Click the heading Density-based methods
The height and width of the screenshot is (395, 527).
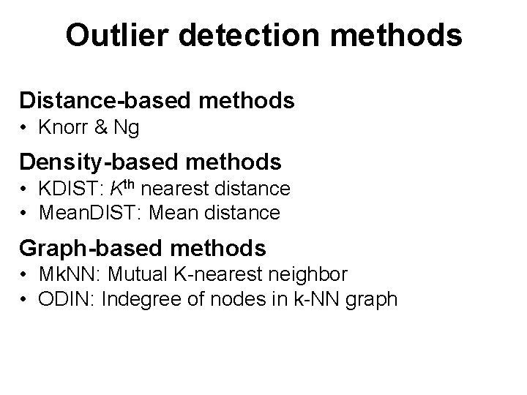(x=150, y=160)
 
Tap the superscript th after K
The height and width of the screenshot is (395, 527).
(x=129, y=184)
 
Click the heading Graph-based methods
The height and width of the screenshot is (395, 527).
(x=143, y=248)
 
